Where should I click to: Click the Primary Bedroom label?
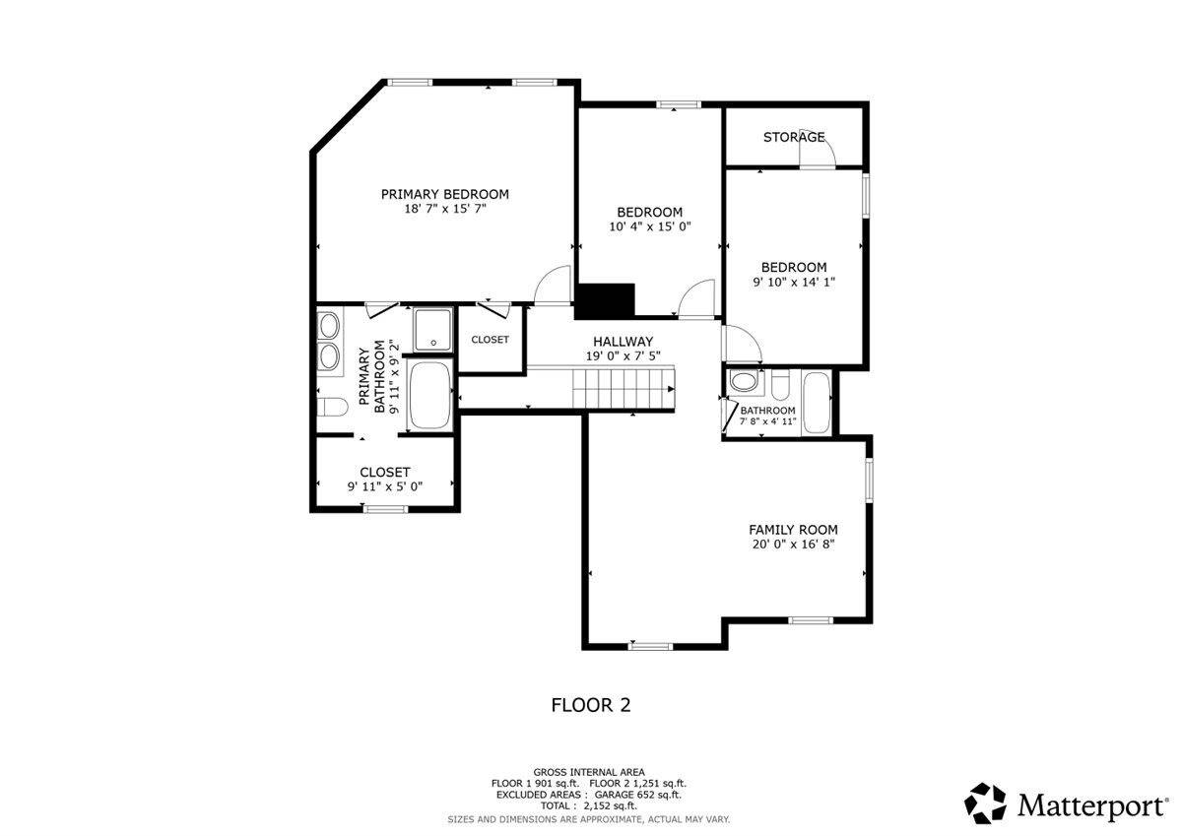tap(445, 194)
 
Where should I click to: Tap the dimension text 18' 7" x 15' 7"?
tap(445, 209)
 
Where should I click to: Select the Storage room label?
tap(794, 137)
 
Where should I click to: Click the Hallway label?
tap(623, 342)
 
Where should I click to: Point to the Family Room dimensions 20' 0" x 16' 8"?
tap(793, 545)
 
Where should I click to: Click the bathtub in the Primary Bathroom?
tap(430, 395)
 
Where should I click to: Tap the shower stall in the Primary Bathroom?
tap(433, 330)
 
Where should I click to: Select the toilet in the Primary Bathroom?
tap(333, 408)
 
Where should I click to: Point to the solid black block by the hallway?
tap(605, 301)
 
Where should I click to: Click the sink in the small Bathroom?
tap(745, 381)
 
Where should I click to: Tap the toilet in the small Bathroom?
tap(780, 385)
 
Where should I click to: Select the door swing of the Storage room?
tap(817, 148)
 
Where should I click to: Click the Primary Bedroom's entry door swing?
tap(553, 285)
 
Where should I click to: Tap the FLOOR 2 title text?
tap(591, 705)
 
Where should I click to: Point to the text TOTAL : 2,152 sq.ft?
tap(589, 805)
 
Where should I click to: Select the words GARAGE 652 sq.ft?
tap(638, 795)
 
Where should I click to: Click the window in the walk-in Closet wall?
tap(385, 509)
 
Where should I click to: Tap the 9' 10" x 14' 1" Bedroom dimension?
tap(794, 283)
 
